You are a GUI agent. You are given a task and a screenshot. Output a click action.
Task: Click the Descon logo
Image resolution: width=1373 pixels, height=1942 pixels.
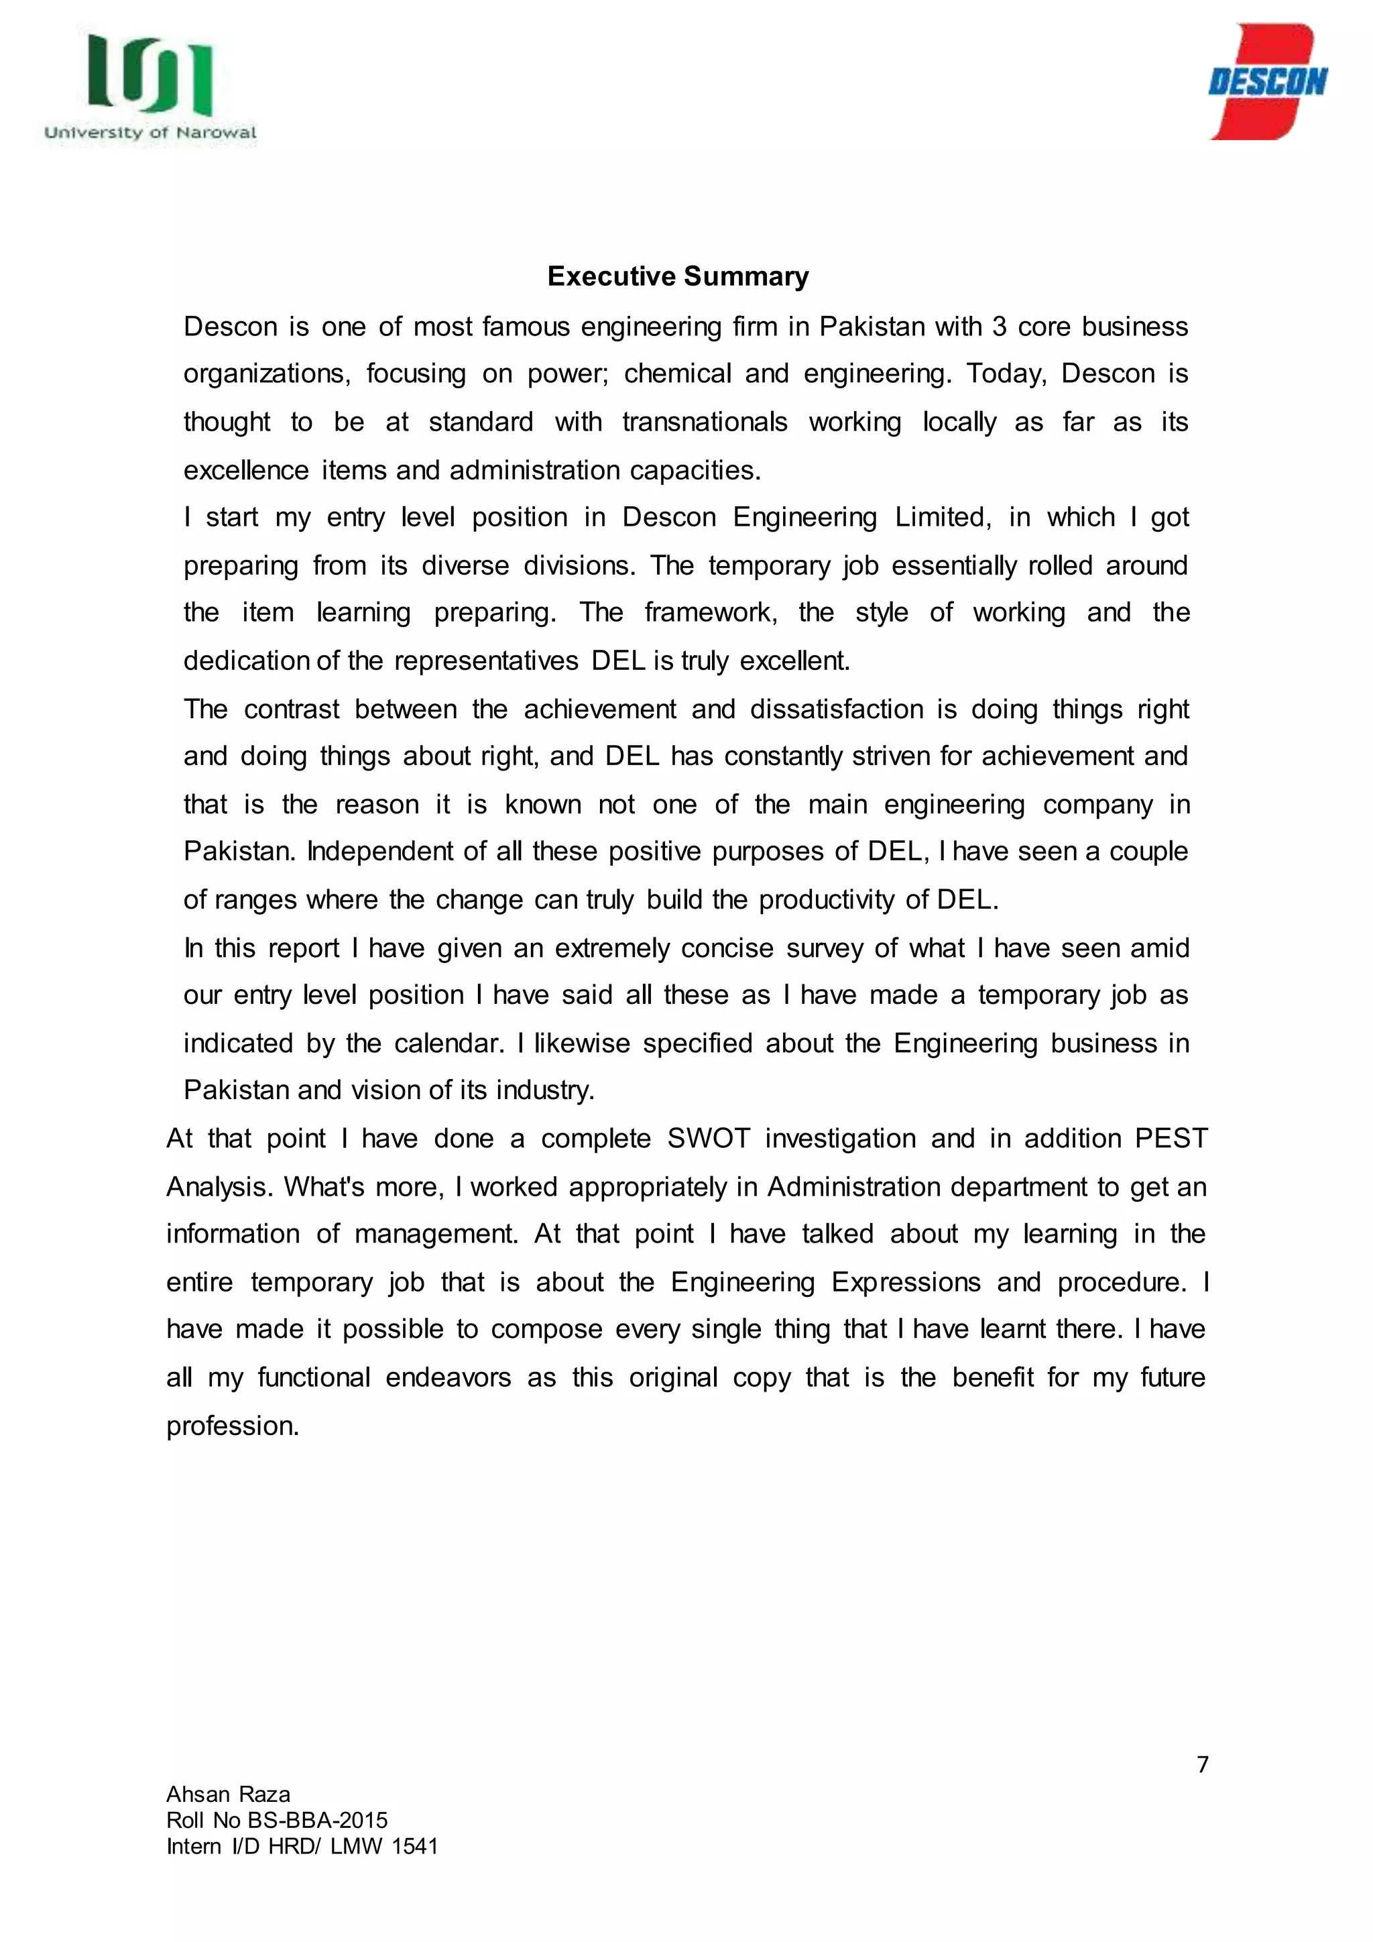pyautogui.click(x=1267, y=82)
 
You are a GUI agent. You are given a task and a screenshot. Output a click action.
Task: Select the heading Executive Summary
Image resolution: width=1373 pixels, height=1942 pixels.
pyautogui.click(x=678, y=276)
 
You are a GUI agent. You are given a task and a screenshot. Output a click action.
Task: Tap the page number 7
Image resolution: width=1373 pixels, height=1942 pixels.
pyautogui.click(x=1202, y=1764)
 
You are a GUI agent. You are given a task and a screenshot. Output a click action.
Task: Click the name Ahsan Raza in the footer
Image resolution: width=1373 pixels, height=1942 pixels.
pyautogui.click(x=228, y=1794)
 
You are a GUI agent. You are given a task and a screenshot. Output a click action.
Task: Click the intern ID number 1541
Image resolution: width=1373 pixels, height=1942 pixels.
pyautogui.click(x=415, y=1846)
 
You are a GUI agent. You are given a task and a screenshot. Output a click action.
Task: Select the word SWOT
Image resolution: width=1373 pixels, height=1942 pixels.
pyautogui.click(x=709, y=1139)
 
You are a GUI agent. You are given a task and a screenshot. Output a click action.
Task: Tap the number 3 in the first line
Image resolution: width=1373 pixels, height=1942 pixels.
pyautogui.click(x=1000, y=327)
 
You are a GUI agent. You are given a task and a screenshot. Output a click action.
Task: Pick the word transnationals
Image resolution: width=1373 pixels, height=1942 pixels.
pyautogui.click(x=704, y=422)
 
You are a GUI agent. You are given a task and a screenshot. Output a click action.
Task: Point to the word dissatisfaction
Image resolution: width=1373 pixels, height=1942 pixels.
pyautogui.click(x=836, y=709)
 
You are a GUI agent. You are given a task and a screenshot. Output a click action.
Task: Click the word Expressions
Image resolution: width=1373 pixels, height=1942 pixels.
pyautogui.click(x=906, y=1282)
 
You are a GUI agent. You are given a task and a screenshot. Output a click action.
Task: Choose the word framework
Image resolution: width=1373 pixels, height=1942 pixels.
pyautogui.click(x=710, y=612)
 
